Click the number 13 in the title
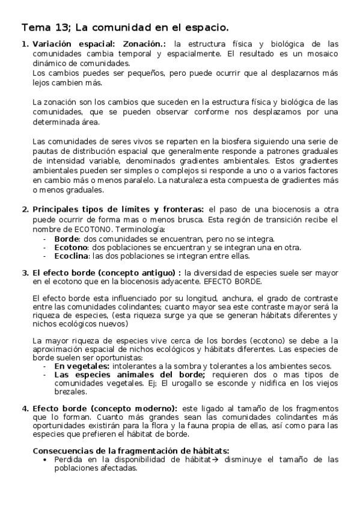tap(65, 28)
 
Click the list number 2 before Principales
tap(25, 209)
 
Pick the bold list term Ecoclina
tap(72, 256)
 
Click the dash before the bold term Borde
tap(45, 239)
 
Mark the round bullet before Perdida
tap(47, 459)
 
